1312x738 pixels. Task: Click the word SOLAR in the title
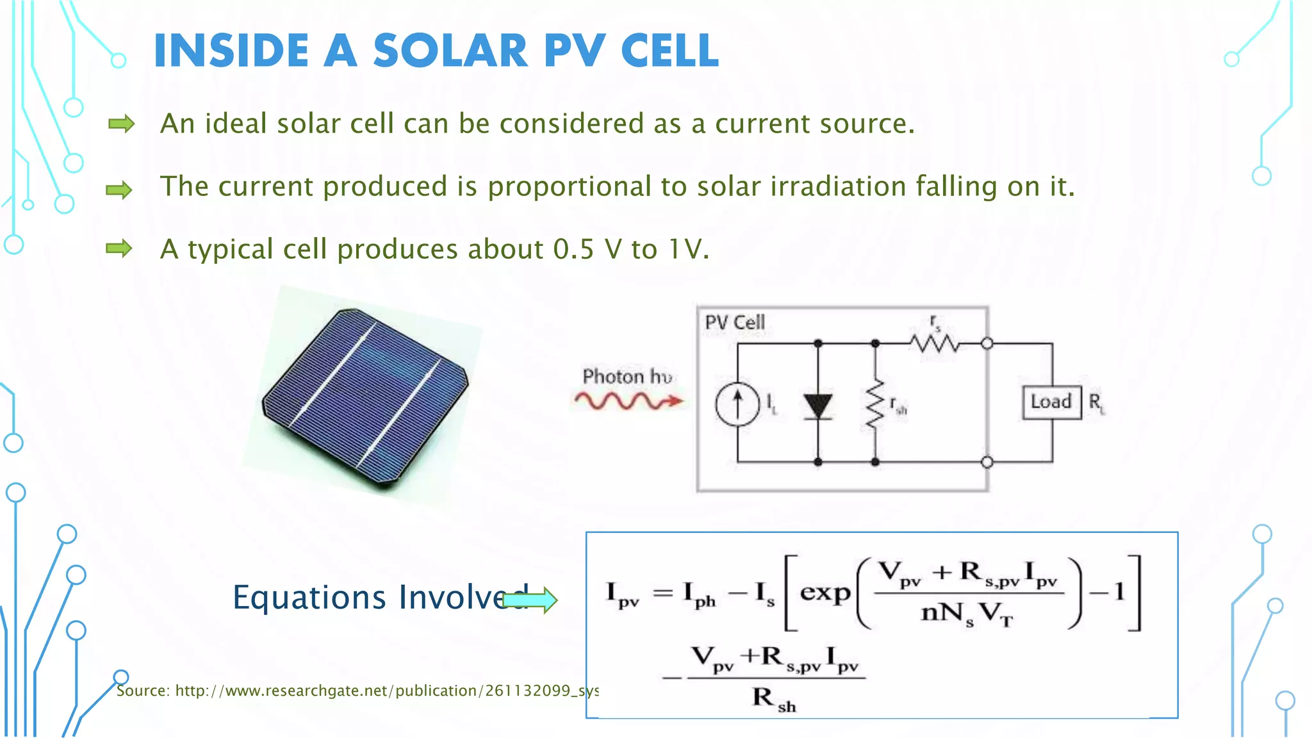[x=450, y=51]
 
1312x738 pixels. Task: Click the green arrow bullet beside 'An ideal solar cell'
[x=121, y=124]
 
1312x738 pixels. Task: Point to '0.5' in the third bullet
[x=573, y=249]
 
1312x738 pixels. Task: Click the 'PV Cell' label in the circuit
[x=735, y=322]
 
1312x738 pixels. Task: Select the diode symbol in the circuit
[x=817, y=406]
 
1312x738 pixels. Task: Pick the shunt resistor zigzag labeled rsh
[x=875, y=404]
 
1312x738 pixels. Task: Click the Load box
[x=1051, y=402]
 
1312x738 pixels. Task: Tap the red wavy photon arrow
[x=628, y=402]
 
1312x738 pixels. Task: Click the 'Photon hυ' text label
[x=627, y=376]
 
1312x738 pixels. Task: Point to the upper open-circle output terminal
[x=987, y=344]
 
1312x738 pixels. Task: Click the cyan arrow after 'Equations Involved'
[x=530, y=600]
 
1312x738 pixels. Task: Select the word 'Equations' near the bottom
[x=309, y=597]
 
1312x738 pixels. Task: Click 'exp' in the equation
[x=824, y=592]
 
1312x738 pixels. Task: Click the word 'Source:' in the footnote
[x=143, y=691]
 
